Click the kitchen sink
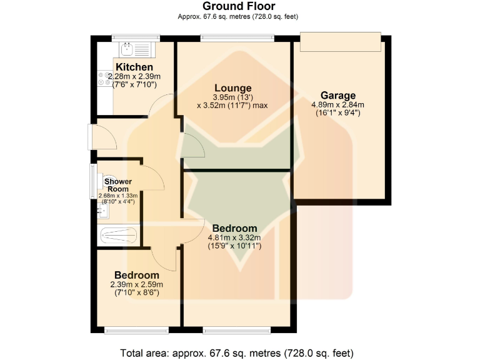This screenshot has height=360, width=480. click(x=134, y=47)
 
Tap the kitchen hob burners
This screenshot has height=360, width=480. click(x=102, y=78)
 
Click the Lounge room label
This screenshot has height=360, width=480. click(x=232, y=88)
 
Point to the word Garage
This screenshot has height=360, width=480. click(x=338, y=96)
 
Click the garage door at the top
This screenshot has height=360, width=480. click(x=339, y=42)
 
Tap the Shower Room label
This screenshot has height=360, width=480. click(x=118, y=185)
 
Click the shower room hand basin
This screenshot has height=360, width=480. click(x=102, y=211)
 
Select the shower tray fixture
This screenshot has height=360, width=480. click(x=119, y=236)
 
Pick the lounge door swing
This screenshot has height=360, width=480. click(x=194, y=146)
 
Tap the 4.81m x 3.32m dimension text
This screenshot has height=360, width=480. click(x=234, y=237)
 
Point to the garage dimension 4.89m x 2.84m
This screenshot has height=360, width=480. click(x=337, y=105)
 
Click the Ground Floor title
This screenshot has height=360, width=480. click(x=239, y=6)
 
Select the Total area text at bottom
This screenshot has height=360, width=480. click(x=239, y=352)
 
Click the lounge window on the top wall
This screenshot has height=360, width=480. click(x=237, y=37)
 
